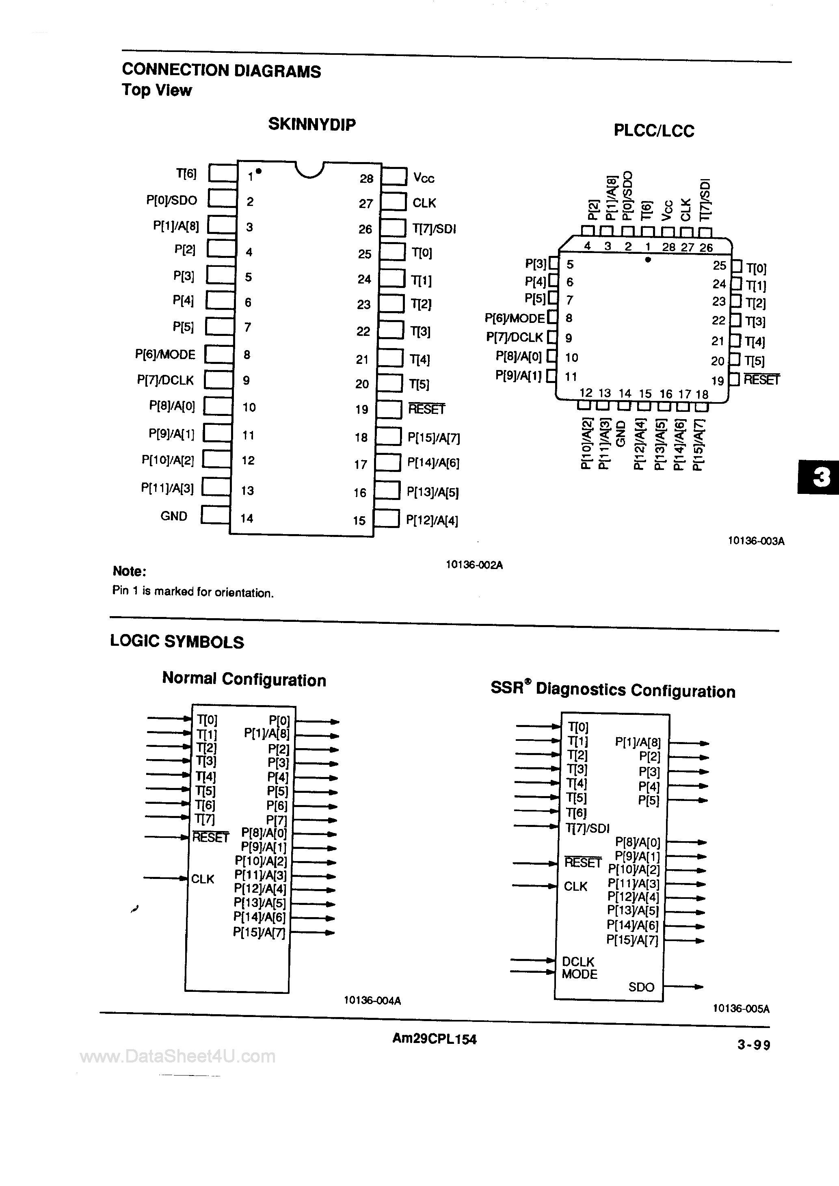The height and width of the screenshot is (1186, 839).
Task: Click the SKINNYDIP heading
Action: (x=311, y=124)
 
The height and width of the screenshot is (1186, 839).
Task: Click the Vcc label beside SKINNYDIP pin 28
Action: (x=424, y=178)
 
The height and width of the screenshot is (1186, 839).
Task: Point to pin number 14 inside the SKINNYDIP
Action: (x=247, y=518)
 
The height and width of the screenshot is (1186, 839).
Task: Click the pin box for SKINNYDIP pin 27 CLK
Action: (x=394, y=202)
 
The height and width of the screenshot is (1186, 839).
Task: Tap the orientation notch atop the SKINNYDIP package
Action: (x=309, y=169)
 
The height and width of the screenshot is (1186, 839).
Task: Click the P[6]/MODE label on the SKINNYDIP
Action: (x=165, y=354)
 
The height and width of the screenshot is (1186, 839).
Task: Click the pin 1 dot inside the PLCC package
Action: (x=648, y=260)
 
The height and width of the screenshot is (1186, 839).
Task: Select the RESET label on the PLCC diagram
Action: (x=761, y=380)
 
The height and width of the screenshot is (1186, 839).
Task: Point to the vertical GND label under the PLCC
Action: (x=621, y=434)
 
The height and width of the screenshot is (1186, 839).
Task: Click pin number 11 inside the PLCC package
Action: (x=570, y=377)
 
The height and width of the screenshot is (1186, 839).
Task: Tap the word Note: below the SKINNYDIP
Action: (x=129, y=571)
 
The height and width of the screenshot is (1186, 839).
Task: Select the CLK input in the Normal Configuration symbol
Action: (x=203, y=879)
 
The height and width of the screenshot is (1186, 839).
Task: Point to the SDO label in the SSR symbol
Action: (x=641, y=987)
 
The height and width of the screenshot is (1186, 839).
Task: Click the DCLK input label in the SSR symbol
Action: (x=578, y=962)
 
